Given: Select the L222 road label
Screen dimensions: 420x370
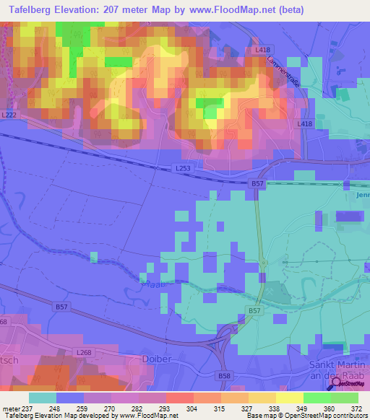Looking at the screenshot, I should (9, 115).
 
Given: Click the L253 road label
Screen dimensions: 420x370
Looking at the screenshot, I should (184, 168).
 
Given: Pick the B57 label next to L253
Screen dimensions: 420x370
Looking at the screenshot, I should (257, 185).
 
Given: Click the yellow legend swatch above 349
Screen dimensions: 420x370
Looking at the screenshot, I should (289, 397).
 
